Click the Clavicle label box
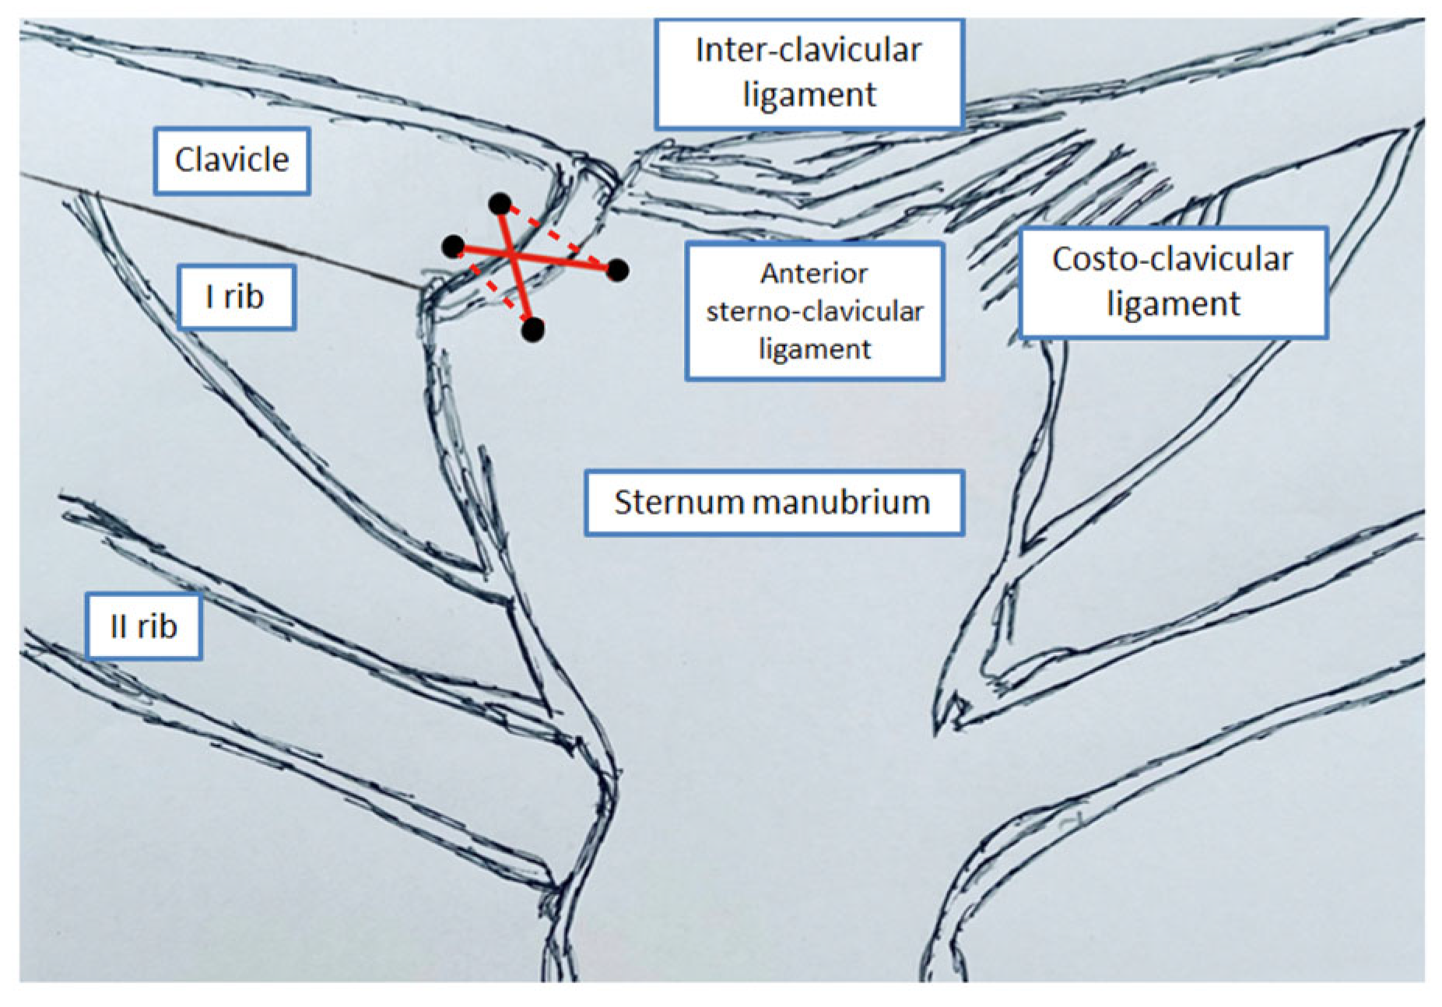coord(232,160)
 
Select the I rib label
coord(236,296)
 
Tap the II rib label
coord(144,626)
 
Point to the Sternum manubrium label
coord(773,502)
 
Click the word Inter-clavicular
coord(809,51)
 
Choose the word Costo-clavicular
coord(1172,259)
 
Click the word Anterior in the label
coord(814,273)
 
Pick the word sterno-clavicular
coord(814,311)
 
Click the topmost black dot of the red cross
coord(500,205)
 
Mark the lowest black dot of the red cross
coord(533,330)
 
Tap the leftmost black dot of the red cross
coord(453,247)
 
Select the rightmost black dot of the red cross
coord(617,270)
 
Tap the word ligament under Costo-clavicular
coord(1173,304)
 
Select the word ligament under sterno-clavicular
coord(814,349)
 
